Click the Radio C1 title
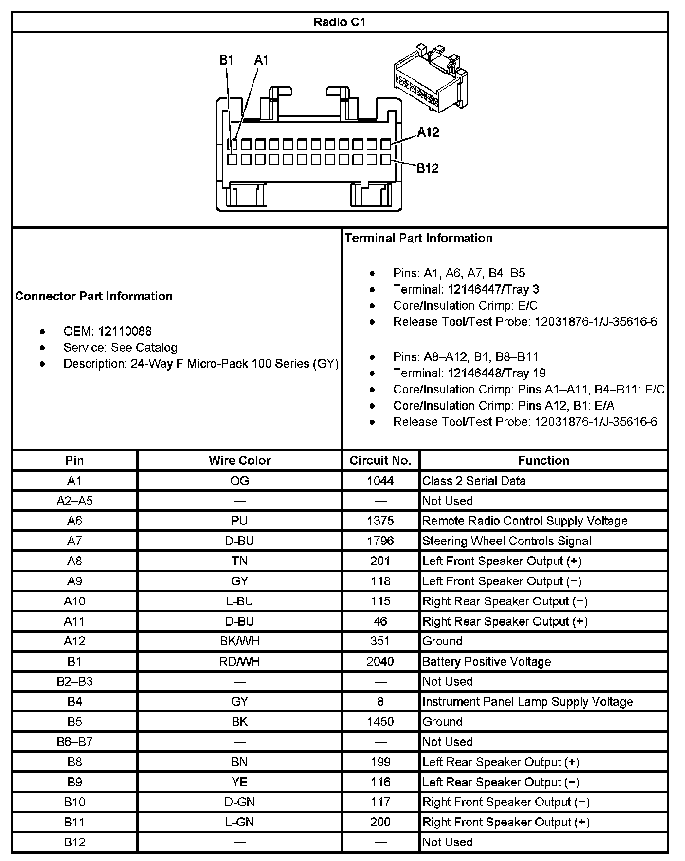coord(339,22)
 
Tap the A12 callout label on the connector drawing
coord(428,132)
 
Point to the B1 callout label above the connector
coord(226,60)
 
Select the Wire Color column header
coord(239,460)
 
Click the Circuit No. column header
coord(380,460)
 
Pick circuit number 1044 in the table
coord(380,481)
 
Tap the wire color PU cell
coord(239,521)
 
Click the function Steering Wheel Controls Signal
coord(506,541)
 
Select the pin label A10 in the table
coord(74,601)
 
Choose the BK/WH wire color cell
coord(239,641)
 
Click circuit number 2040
coord(380,661)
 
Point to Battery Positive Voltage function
coord(487,661)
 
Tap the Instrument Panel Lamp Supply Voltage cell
coord(527,701)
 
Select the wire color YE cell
coord(239,782)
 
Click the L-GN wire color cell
coord(239,822)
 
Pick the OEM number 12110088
coord(125,331)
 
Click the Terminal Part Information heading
coord(418,238)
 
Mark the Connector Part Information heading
coord(94,296)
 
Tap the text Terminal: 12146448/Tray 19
coord(469,373)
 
